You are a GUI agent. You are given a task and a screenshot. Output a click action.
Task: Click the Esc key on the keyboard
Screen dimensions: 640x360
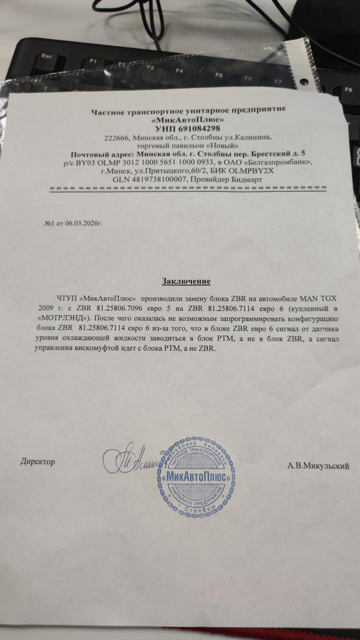click(44, 56)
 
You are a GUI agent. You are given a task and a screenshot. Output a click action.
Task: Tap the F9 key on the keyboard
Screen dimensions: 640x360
click(348, 89)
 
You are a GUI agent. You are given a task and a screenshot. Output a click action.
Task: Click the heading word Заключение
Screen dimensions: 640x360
click(186, 281)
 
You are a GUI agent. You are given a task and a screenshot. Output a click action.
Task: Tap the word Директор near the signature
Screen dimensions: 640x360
click(37, 461)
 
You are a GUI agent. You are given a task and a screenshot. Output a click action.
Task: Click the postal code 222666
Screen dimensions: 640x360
click(117, 137)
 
